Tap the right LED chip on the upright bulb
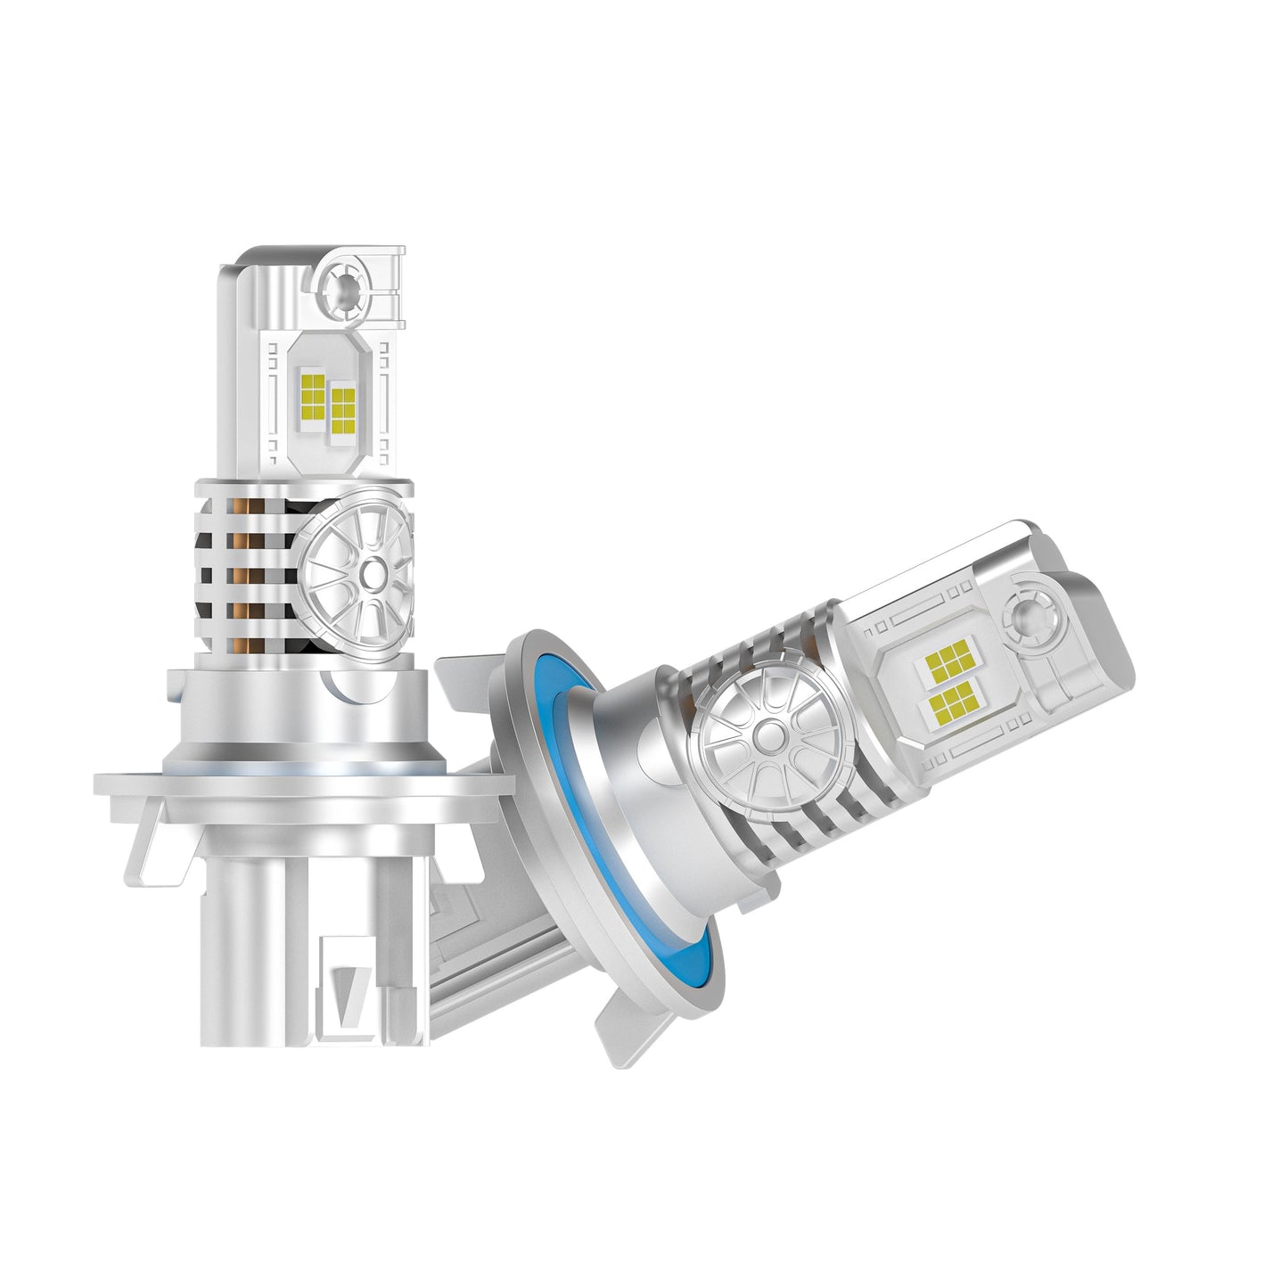point(342,410)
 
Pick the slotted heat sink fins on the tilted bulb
point(802,802)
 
